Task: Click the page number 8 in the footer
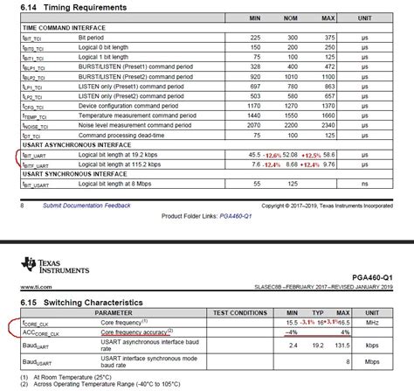click(22, 206)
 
